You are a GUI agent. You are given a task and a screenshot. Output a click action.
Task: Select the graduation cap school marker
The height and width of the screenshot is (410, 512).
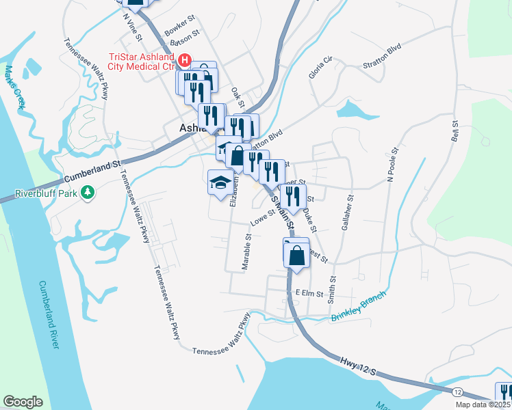(x=220, y=182)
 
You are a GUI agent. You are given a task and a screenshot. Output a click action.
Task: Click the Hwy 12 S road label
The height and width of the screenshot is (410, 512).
(x=359, y=365)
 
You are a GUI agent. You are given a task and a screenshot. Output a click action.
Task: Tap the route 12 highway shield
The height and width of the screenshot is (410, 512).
(x=457, y=391)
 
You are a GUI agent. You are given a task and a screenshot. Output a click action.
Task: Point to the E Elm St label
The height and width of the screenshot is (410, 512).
(x=309, y=292)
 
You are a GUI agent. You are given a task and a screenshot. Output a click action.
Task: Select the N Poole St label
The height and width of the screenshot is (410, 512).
(x=392, y=166)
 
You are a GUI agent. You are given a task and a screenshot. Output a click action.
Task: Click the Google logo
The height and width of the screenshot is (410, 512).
(x=23, y=402)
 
